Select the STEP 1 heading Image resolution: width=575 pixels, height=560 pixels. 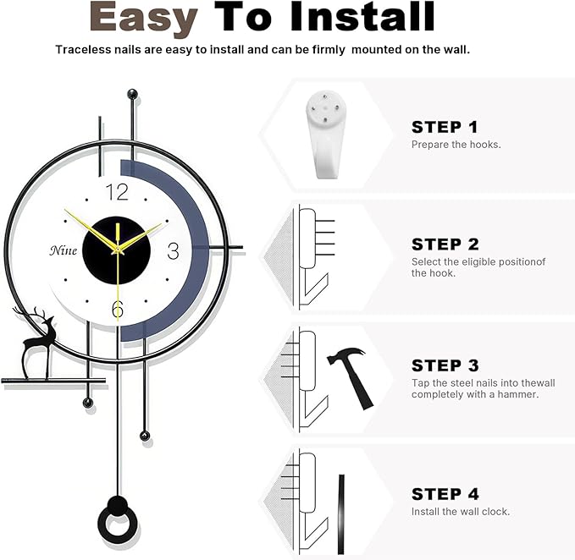coord(445,128)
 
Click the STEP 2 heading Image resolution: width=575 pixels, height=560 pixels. coord(445,244)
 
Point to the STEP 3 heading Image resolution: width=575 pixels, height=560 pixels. coord(445,366)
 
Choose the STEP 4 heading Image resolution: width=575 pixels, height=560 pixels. coord(445,494)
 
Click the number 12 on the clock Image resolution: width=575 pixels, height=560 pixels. coord(118,192)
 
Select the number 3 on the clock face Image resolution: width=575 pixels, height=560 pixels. coord(173,251)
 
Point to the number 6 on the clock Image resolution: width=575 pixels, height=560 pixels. coord(118,310)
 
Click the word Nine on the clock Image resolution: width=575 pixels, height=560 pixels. coord(63,250)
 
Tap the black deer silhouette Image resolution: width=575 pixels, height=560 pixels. coord(37,338)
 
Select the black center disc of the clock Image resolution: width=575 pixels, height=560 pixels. coord(118,251)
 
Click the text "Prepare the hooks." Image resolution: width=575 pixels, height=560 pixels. coord(456,145)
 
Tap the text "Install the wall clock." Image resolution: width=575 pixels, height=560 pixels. coord(460,512)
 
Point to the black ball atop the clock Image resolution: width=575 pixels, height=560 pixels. coord(131,93)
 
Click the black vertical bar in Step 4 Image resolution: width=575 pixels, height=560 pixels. coord(341,503)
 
